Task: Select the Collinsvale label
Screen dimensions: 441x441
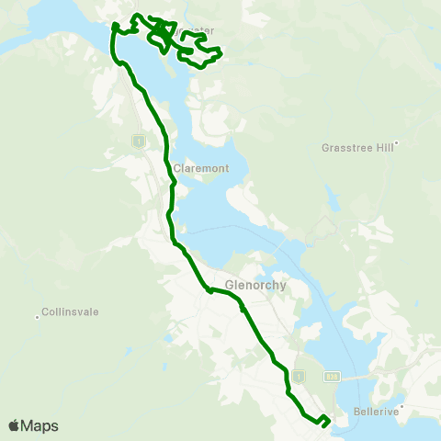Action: [72, 311]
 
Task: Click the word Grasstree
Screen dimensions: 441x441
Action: [349, 147]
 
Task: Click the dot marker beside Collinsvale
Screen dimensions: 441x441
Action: [37, 317]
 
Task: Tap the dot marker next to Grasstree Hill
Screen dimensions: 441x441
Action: [395, 141]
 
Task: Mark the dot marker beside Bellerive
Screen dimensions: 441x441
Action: [401, 404]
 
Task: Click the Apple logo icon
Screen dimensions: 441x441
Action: [14, 425]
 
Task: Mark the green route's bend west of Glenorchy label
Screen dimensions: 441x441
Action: [210, 290]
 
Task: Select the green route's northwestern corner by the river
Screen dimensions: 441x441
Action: [114, 28]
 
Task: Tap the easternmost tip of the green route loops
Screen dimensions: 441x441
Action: [222, 55]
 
